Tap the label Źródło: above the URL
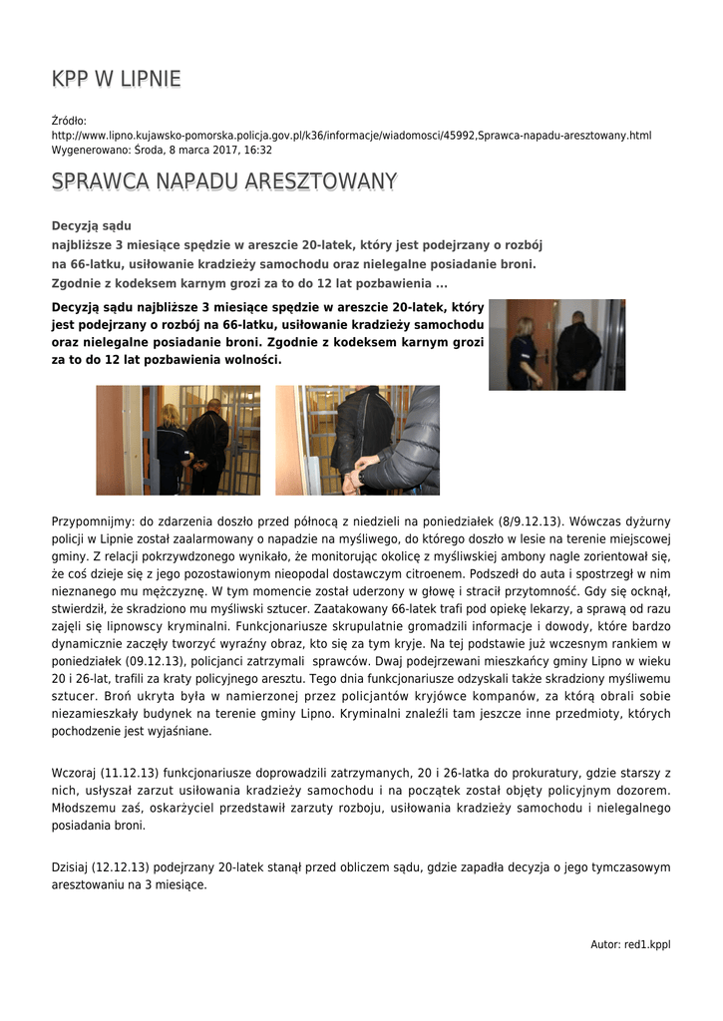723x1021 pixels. click(69, 121)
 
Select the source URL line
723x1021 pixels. click(351, 135)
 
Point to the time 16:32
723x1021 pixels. click(258, 150)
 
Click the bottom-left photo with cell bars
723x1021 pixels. click(178, 440)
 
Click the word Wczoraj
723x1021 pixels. click(73, 774)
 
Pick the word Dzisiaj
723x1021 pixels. click(69, 867)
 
